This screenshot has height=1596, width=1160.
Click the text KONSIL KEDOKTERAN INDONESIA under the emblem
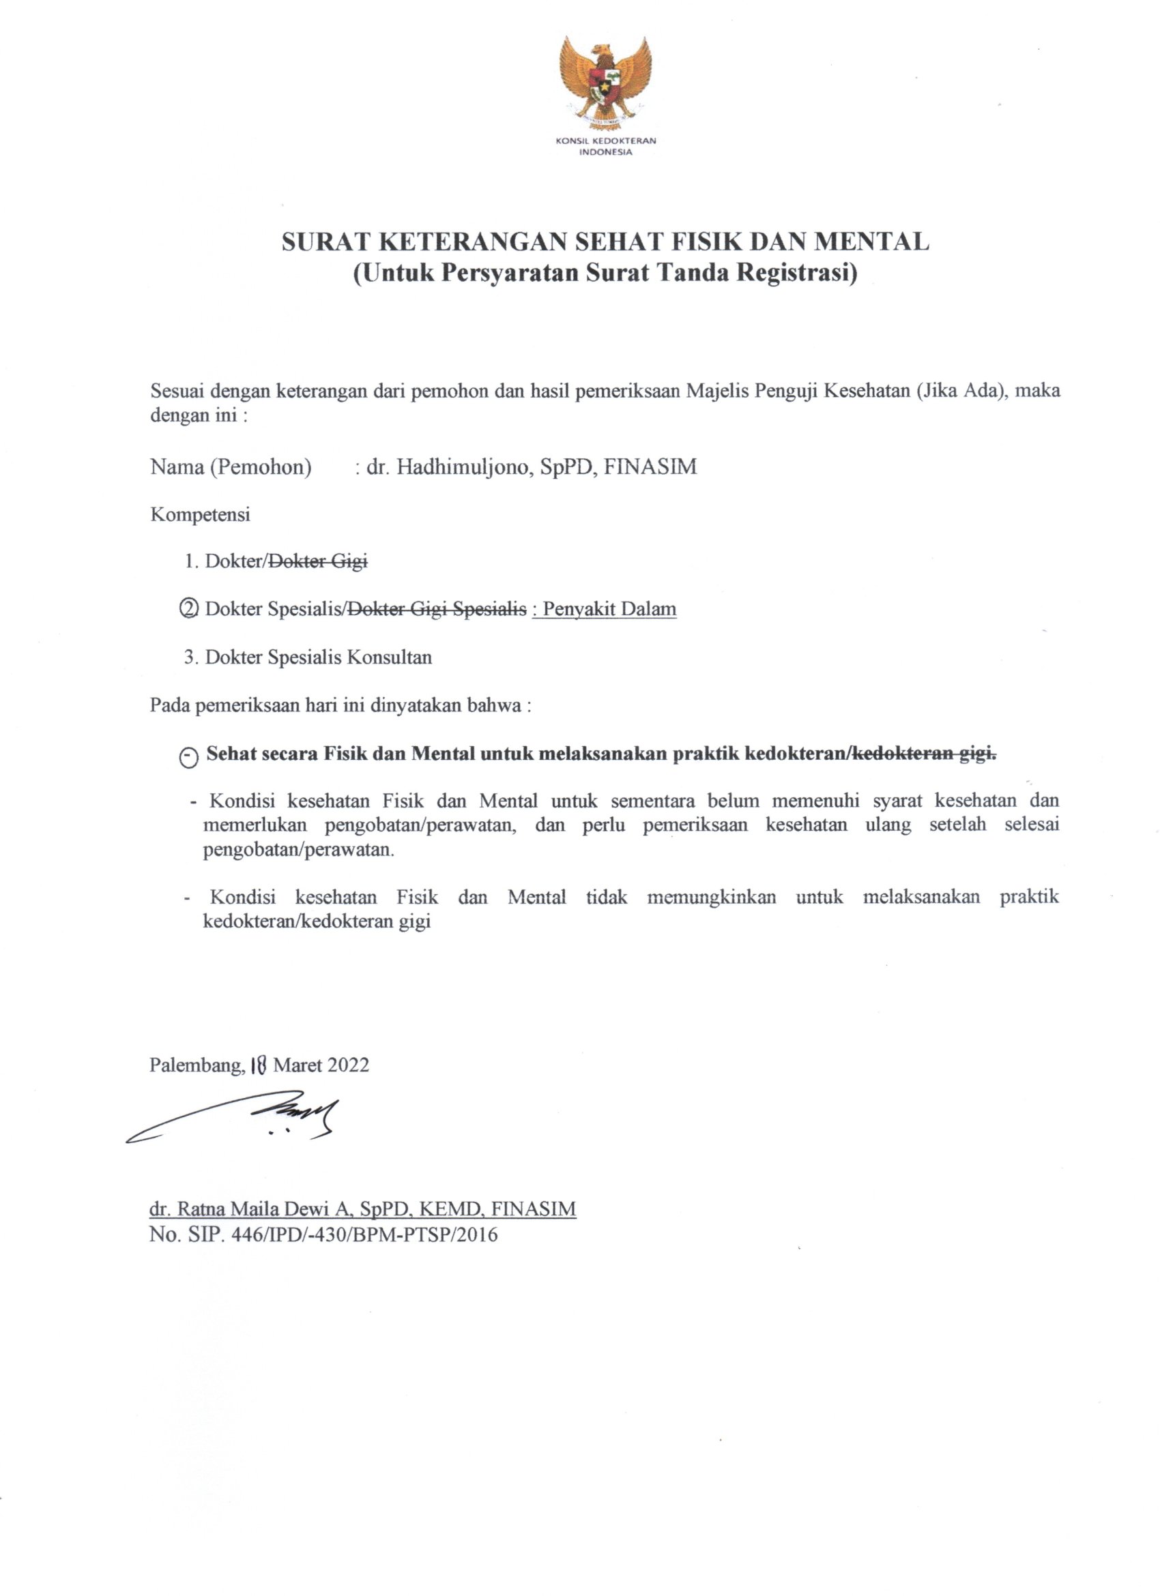coord(605,146)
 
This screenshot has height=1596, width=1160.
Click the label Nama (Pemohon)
coord(231,467)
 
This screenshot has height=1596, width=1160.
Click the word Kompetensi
coord(200,514)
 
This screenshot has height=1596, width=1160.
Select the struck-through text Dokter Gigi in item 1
coord(319,561)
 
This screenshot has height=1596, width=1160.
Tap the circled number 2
coord(189,608)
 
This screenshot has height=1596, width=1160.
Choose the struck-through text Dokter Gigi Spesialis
coord(437,608)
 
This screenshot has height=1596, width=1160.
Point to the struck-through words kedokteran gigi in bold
coord(924,754)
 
